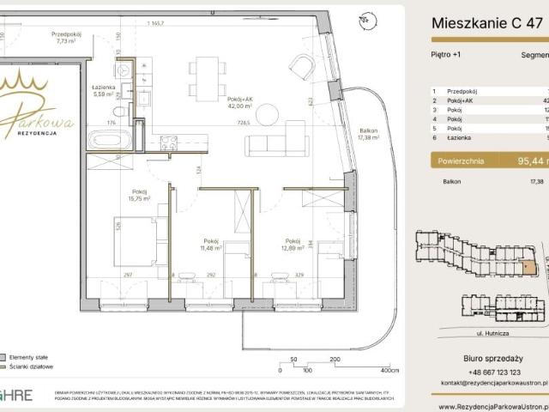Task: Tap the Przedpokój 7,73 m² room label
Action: click(x=65, y=36)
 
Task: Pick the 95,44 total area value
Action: click(x=522, y=159)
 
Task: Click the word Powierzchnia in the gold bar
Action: click(x=462, y=159)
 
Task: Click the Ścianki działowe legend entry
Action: click(x=31, y=366)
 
